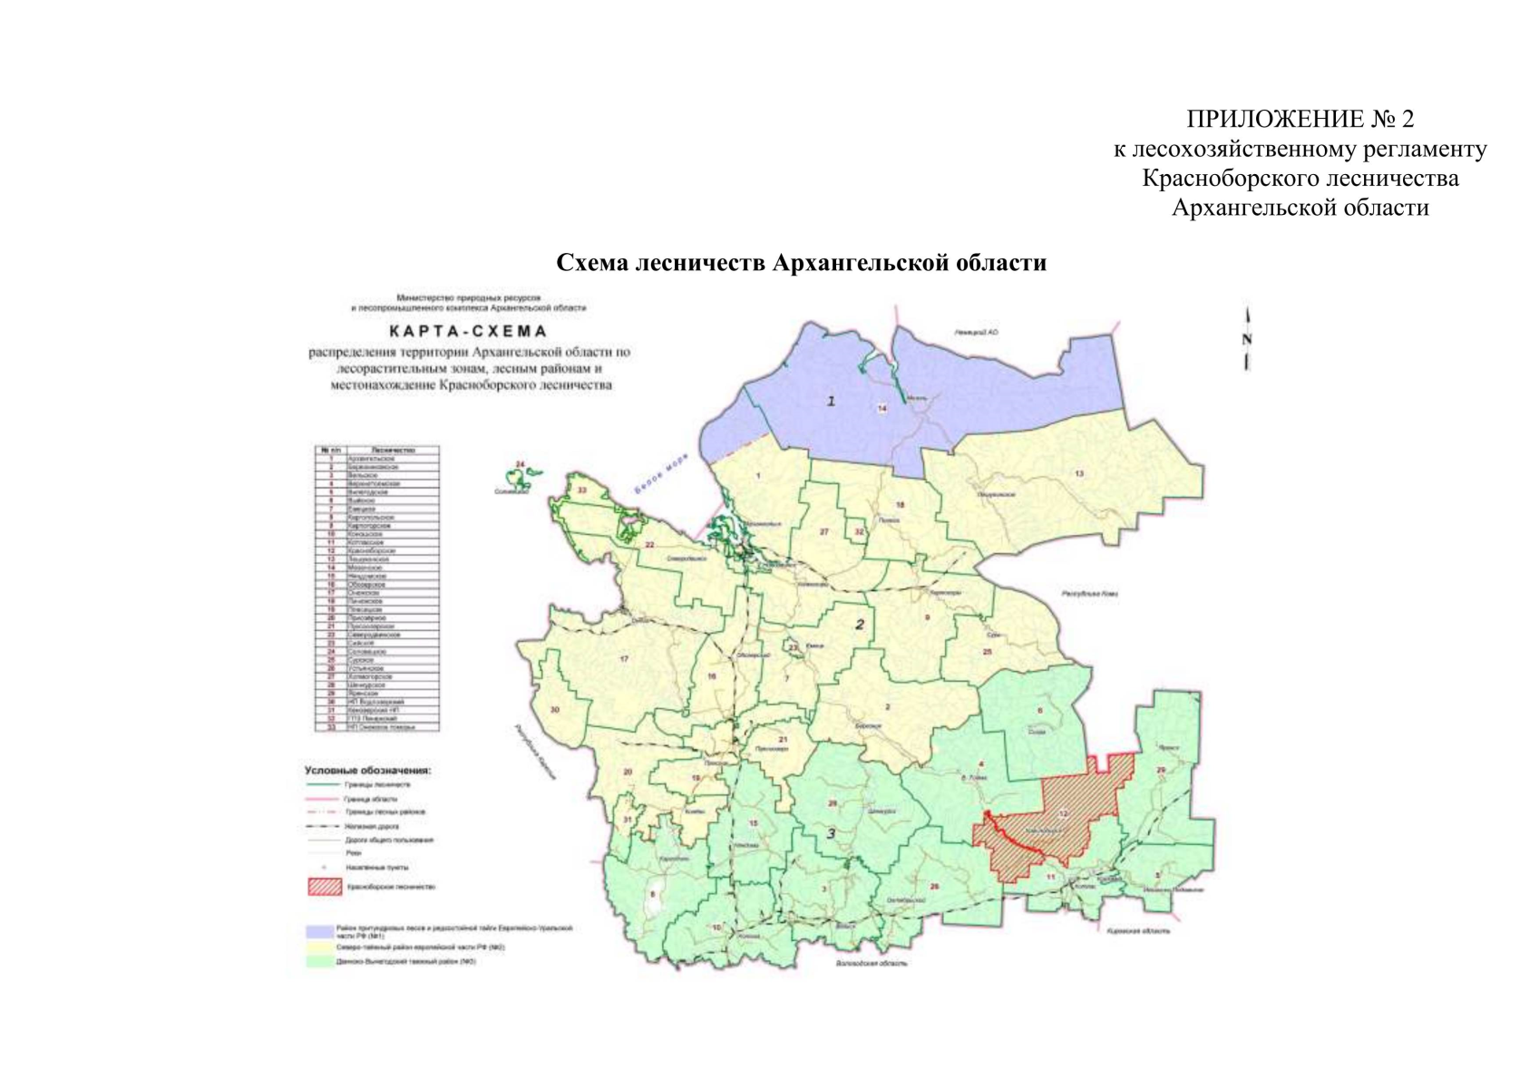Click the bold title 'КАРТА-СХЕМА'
pyautogui.click(x=468, y=331)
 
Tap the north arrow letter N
pyautogui.click(x=1247, y=340)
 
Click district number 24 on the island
pyautogui.click(x=520, y=464)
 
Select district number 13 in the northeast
pyautogui.click(x=1079, y=473)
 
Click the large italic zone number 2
pyautogui.click(x=860, y=624)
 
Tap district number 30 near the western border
pyautogui.click(x=555, y=710)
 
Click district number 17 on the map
pyautogui.click(x=624, y=658)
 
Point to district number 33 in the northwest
pyautogui.click(x=582, y=491)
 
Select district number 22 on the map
pyautogui.click(x=649, y=544)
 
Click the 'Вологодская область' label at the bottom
pyautogui.click(x=872, y=963)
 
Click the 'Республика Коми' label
pyautogui.click(x=1090, y=593)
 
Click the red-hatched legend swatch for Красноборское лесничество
pyautogui.click(x=324, y=886)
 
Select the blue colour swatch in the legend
pyautogui.click(x=319, y=931)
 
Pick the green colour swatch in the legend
pyautogui.click(x=319, y=961)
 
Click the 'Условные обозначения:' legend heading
pyautogui.click(x=367, y=771)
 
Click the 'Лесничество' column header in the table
pyautogui.click(x=393, y=450)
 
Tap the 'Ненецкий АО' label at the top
pyautogui.click(x=976, y=333)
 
